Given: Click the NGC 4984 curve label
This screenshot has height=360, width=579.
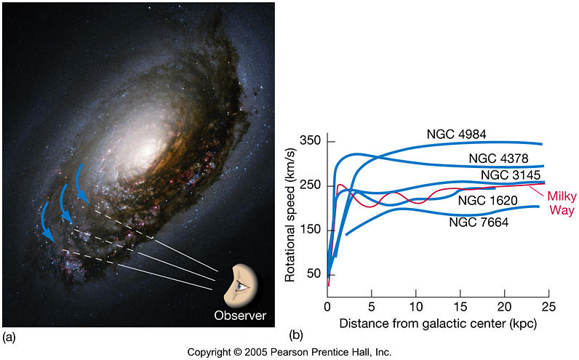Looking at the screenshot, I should point(456,134).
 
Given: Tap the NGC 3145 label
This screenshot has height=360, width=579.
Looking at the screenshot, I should point(511,177).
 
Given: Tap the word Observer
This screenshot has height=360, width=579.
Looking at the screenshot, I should point(240,316).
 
